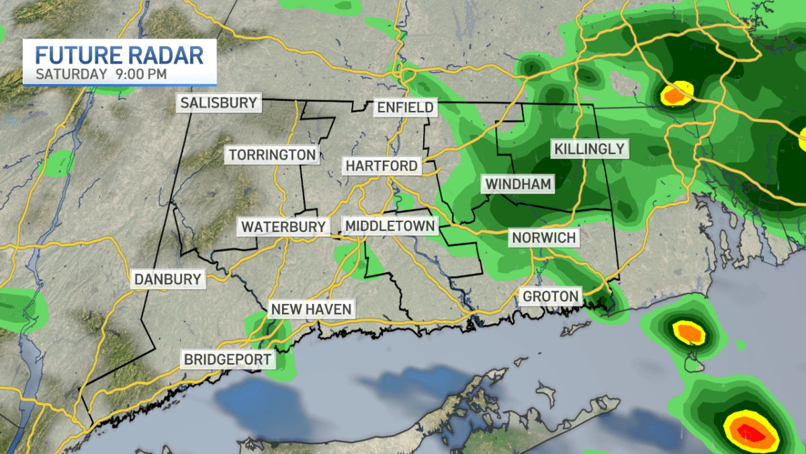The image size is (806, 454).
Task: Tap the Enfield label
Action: [x=405, y=107]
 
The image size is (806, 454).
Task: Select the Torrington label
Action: [x=272, y=155]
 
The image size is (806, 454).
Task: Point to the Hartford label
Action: [x=382, y=165]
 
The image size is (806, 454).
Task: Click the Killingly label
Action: [x=589, y=149]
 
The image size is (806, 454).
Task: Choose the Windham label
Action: [x=518, y=184]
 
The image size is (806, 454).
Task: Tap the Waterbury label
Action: [x=283, y=227]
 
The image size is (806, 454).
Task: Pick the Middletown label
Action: [x=390, y=225]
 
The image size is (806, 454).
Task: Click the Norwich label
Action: [x=543, y=237]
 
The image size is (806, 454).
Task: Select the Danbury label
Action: [x=167, y=278]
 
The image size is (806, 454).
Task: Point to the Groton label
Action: [x=551, y=296]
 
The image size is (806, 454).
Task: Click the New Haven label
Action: [x=311, y=309]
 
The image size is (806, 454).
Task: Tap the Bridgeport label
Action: [x=228, y=359]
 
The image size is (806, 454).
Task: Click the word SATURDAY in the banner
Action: [x=72, y=73]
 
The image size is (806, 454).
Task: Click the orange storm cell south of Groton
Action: [x=688, y=332]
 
